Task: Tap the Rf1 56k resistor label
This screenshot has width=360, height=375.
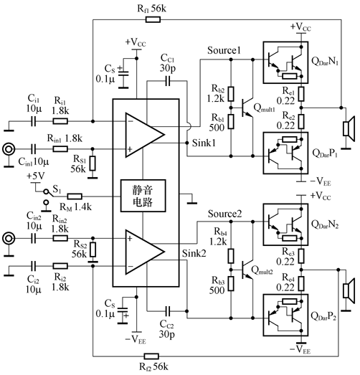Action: click(150, 9)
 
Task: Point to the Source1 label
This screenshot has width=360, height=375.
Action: click(224, 52)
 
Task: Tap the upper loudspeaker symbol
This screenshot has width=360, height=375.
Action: click(349, 129)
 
